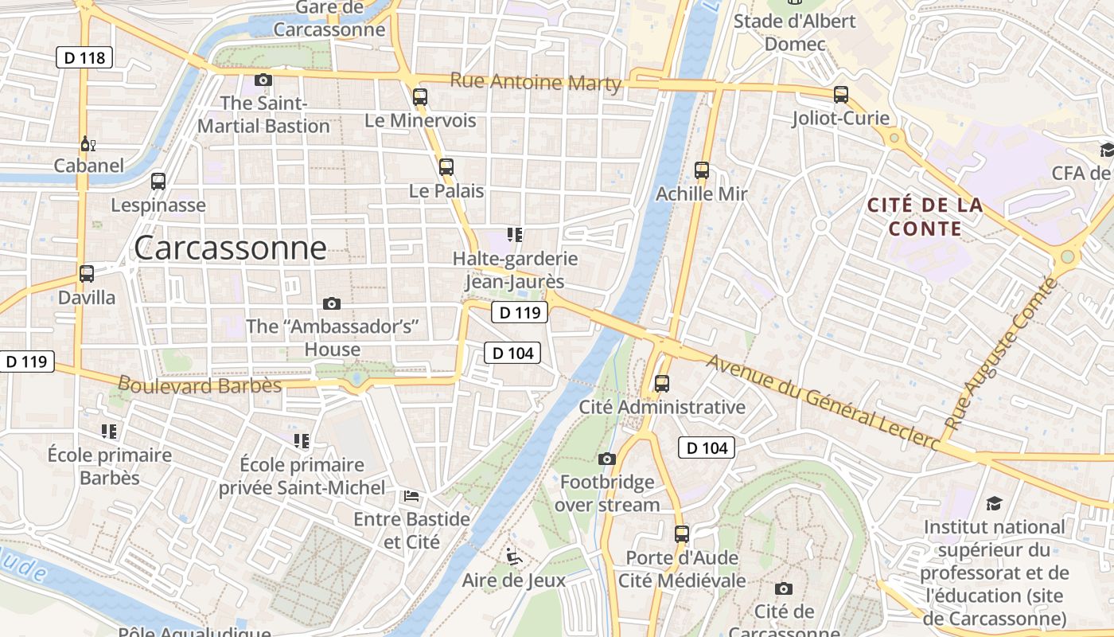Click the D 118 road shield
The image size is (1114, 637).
click(x=84, y=57)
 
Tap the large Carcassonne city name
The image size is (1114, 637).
click(x=230, y=248)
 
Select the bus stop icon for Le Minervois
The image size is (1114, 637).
click(x=420, y=97)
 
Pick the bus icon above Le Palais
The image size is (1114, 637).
click(x=446, y=167)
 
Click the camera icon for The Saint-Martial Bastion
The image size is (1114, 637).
click(x=263, y=80)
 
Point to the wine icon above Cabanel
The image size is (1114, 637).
click(x=88, y=144)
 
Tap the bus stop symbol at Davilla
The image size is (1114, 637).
click(x=87, y=274)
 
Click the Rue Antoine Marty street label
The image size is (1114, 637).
click(x=535, y=81)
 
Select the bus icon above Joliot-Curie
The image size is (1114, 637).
click(x=841, y=95)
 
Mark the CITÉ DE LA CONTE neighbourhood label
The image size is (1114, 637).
click(x=925, y=217)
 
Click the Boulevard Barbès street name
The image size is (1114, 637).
click(x=200, y=385)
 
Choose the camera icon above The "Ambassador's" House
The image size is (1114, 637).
click(x=332, y=303)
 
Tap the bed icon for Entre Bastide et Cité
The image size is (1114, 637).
click(x=411, y=496)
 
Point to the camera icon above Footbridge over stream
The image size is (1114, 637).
click(x=607, y=459)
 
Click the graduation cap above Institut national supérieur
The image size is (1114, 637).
click(x=995, y=503)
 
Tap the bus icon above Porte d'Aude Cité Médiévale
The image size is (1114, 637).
click(x=682, y=534)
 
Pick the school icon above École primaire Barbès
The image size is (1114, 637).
click(x=109, y=432)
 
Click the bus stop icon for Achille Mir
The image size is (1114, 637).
click(x=701, y=170)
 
